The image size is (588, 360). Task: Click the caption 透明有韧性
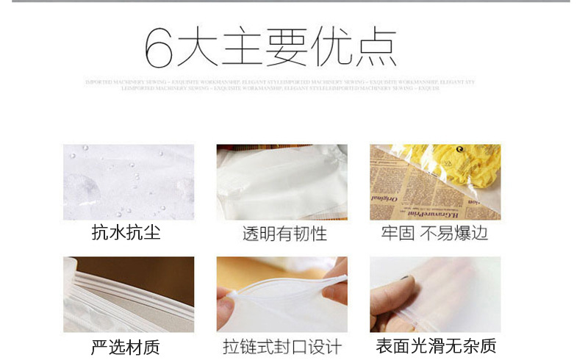click(x=284, y=234)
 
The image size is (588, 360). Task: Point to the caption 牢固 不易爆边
click(x=434, y=234)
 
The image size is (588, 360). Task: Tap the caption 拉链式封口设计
click(x=282, y=347)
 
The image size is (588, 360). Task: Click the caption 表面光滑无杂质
click(x=436, y=347)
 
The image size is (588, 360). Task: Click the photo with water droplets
click(x=129, y=181)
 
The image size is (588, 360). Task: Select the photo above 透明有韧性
click(x=282, y=181)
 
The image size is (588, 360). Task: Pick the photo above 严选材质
click(x=129, y=294)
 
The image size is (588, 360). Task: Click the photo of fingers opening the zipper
click(x=282, y=294)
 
